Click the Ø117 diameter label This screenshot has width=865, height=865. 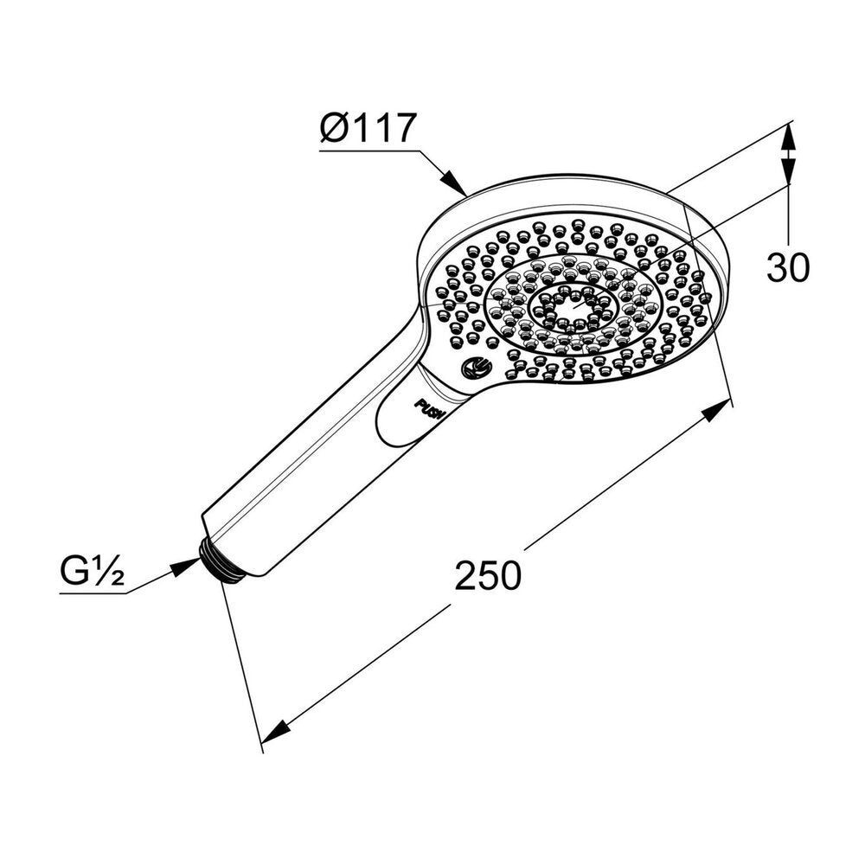pos(367,128)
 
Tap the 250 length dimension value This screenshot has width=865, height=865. pos(488,575)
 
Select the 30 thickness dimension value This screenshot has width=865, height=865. pos(788,267)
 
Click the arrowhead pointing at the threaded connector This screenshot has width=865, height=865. pos(185,567)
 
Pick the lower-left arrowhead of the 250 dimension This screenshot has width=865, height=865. pos(276,731)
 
